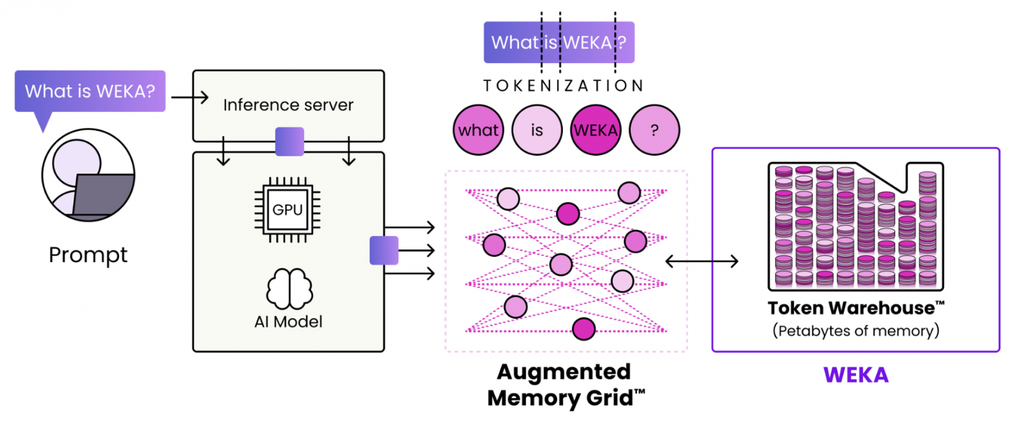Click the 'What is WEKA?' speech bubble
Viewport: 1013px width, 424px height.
pyautogui.click(x=90, y=92)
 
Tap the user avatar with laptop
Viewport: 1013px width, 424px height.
pyautogui.click(x=89, y=175)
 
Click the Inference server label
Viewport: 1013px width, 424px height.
pyautogui.click(x=288, y=105)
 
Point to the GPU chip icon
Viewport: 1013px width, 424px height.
pyautogui.click(x=287, y=209)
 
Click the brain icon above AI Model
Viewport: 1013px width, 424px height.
pyautogui.click(x=289, y=289)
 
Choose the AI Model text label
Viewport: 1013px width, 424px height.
pyautogui.click(x=289, y=322)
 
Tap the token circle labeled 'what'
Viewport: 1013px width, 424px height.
pyautogui.click(x=479, y=130)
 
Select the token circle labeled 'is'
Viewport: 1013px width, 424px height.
pyautogui.click(x=537, y=130)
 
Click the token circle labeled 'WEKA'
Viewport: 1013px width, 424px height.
pyautogui.click(x=596, y=130)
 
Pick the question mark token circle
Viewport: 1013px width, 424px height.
pyautogui.click(x=655, y=130)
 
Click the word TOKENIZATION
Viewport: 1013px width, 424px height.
pyautogui.click(x=563, y=85)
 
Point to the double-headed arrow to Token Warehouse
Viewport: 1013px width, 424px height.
pyautogui.click(x=702, y=261)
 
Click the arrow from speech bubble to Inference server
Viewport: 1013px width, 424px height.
pyautogui.click(x=189, y=97)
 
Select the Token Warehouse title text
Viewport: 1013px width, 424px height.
pyautogui.click(x=856, y=308)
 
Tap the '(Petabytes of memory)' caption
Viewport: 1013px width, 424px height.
pyautogui.click(x=856, y=331)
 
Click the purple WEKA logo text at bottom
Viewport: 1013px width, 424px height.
pyautogui.click(x=856, y=375)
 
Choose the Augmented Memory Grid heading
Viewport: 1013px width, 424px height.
pyautogui.click(x=565, y=385)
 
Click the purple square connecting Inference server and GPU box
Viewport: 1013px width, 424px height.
pyautogui.click(x=289, y=142)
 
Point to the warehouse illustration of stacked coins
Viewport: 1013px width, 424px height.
pyautogui.click(x=856, y=226)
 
